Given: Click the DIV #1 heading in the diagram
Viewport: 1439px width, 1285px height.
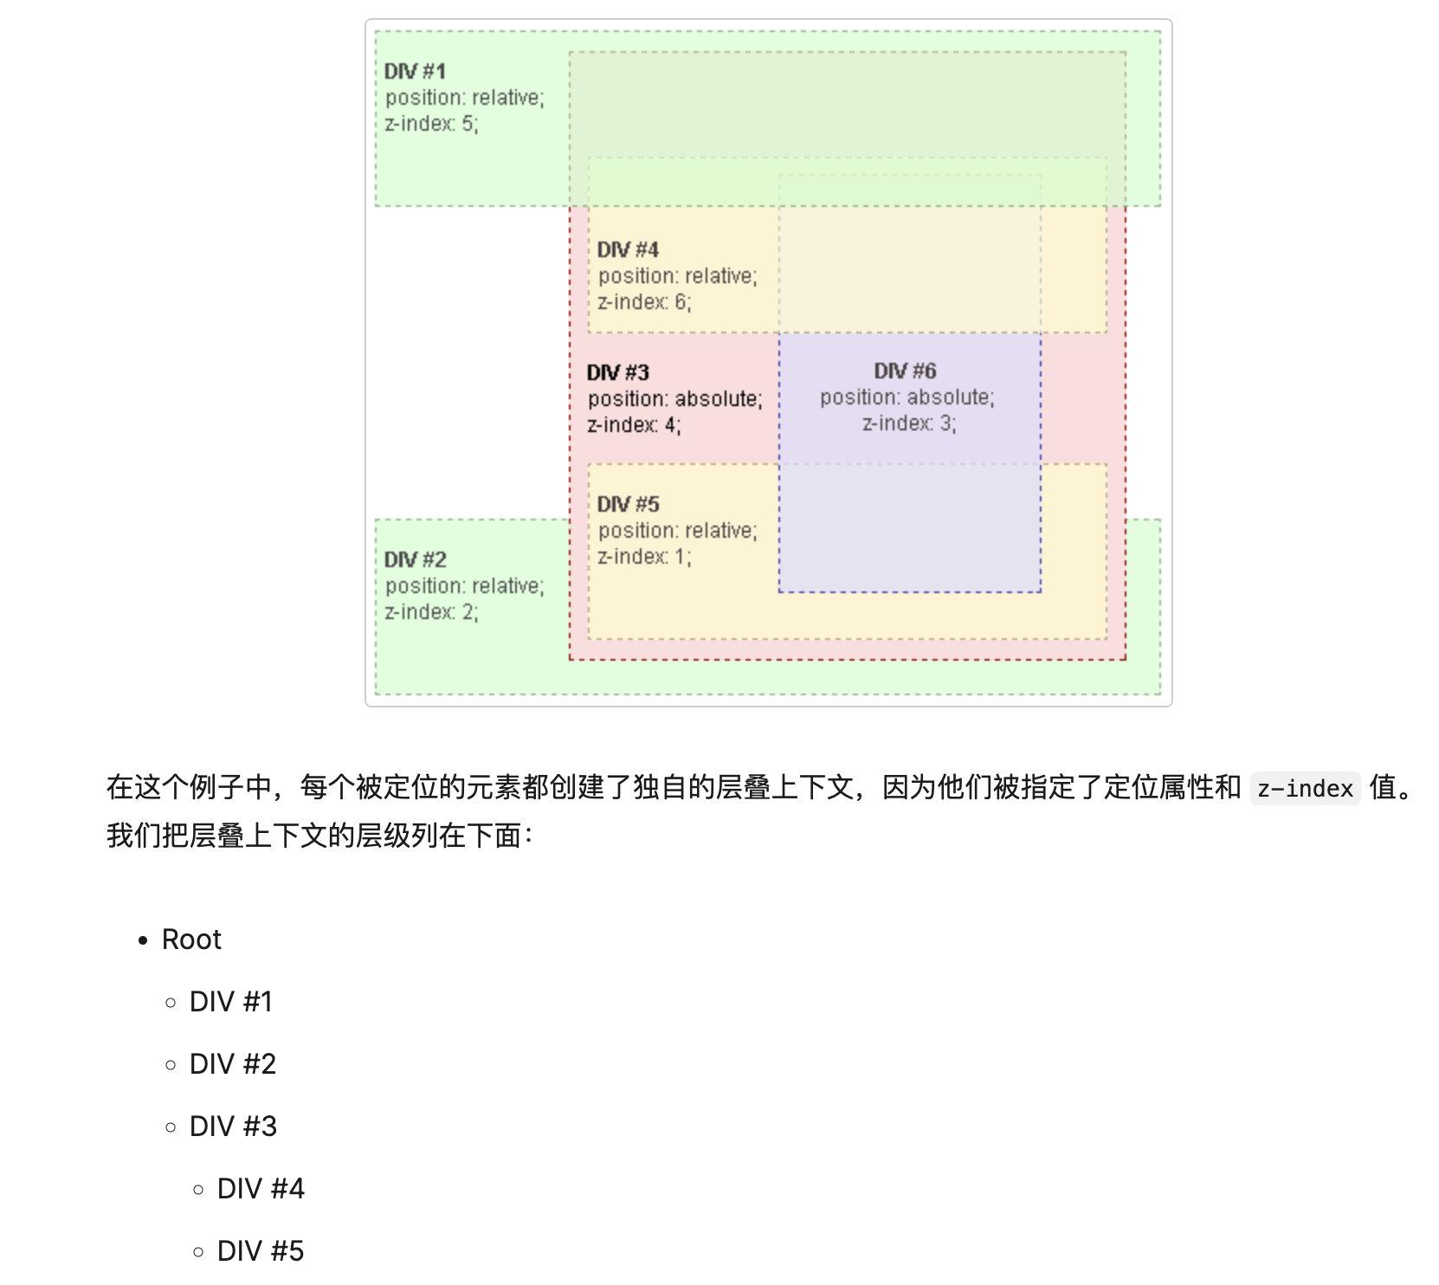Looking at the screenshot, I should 415,72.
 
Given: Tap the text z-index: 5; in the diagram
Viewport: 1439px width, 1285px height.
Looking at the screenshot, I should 431,124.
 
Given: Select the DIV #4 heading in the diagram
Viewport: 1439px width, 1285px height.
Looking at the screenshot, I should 628,250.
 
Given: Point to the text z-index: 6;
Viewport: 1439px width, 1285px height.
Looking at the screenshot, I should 644,302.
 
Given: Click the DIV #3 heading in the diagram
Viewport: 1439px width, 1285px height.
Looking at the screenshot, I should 617,373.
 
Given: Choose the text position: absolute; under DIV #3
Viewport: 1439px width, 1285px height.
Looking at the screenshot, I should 675,399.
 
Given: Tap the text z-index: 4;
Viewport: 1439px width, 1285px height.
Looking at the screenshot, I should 634,425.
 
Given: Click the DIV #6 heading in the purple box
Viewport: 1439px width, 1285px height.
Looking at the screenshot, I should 905,371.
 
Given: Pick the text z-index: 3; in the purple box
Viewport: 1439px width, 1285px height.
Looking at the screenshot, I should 909,423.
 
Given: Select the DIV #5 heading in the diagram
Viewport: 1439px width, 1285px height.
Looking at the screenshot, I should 628,505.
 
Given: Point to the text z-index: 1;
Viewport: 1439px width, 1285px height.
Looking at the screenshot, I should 644,557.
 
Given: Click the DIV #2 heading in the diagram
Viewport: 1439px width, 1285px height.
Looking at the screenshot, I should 415,560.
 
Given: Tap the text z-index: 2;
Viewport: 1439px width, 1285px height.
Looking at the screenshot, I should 431,612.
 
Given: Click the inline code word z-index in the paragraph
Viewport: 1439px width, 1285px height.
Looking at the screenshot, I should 1305,789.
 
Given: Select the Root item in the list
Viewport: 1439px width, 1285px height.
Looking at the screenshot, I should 191,940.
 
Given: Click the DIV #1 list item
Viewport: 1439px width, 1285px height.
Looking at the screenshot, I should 231,1002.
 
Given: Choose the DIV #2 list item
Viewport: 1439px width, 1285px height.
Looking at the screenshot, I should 233,1064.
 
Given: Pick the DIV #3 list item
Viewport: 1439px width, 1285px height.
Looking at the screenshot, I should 233,1127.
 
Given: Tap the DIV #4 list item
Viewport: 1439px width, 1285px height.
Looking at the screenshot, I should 261,1189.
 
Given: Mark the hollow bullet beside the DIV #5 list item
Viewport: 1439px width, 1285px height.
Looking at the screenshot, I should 199,1252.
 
